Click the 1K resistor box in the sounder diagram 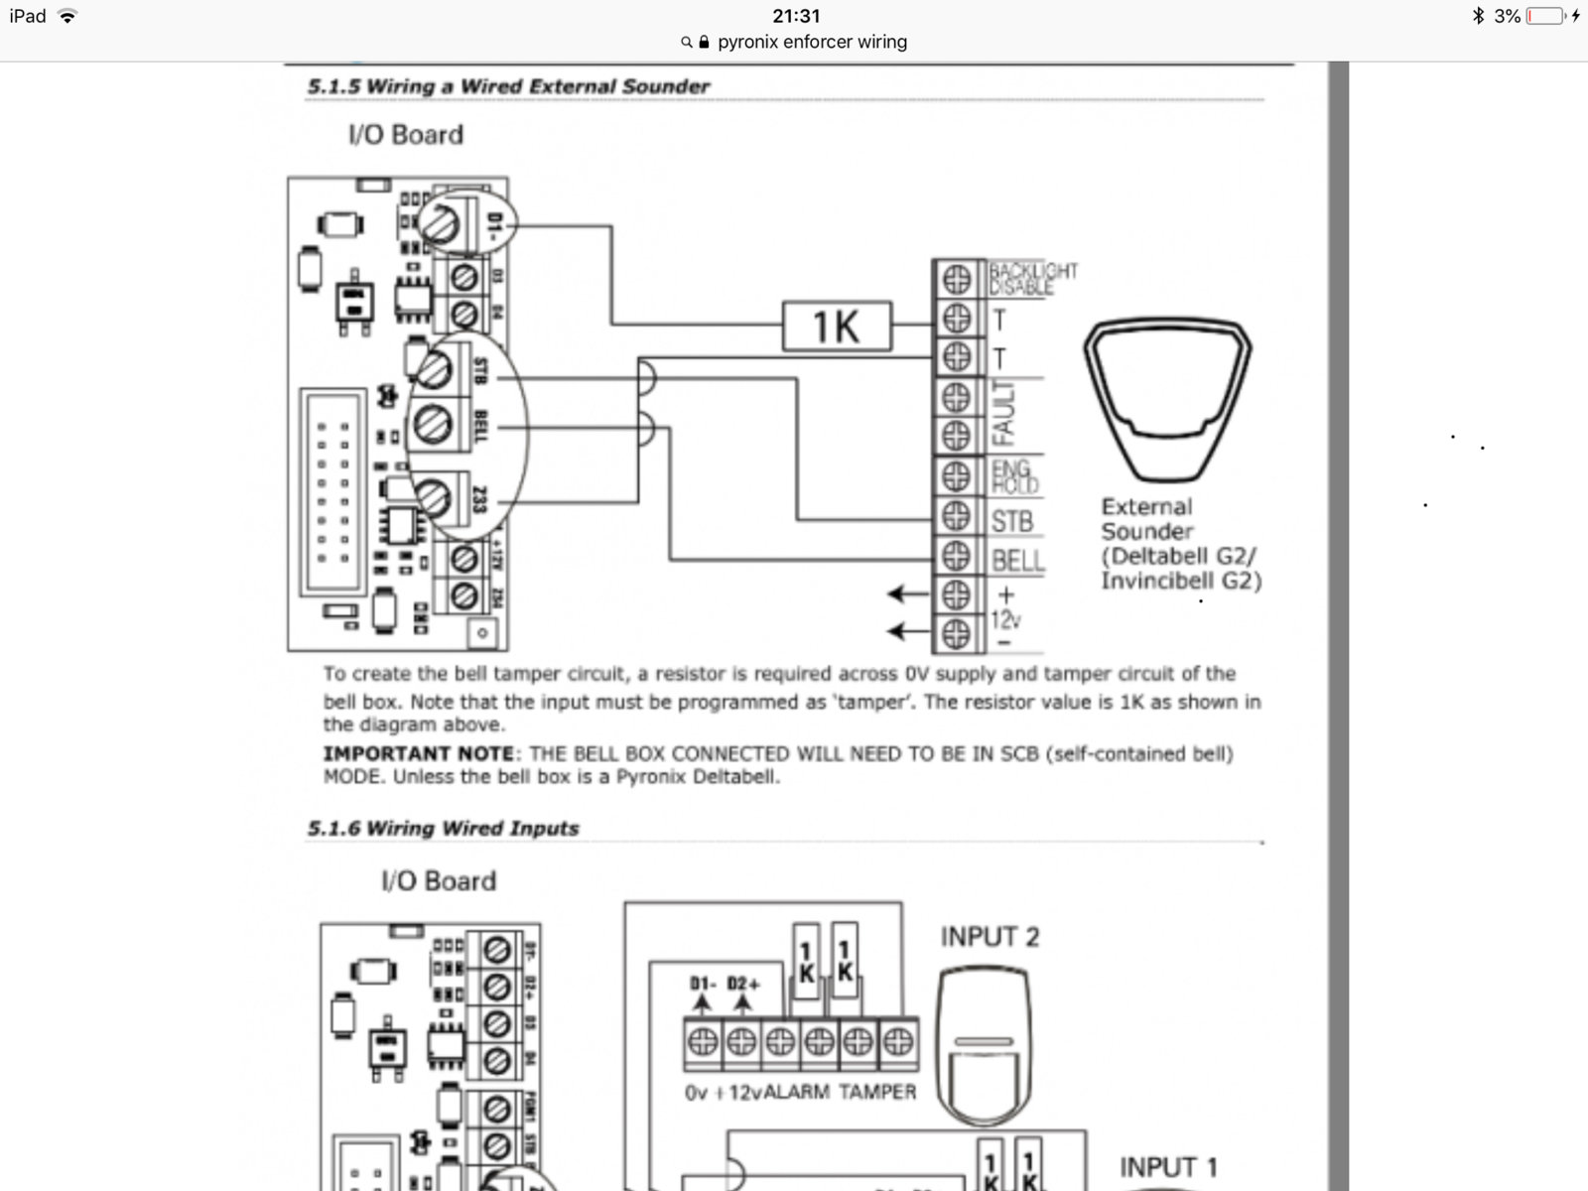[837, 326]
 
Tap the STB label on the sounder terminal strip [1011, 521]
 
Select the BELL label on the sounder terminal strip [1017, 561]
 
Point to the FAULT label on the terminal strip [1003, 413]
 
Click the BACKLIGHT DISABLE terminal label [1032, 278]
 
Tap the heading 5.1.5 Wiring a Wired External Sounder [508, 86]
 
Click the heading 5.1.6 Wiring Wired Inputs [443, 828]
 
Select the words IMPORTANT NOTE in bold [419, 753]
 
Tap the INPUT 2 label [990, 937]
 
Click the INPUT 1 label [1168, 1167]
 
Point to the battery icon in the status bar [1546, 16]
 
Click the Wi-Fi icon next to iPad [67, 16]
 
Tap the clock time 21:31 [796, 16]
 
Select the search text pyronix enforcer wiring [812, 42]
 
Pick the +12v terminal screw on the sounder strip [956, 595]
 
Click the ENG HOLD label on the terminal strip [1014, 476]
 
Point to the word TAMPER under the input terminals [877, 1092]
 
